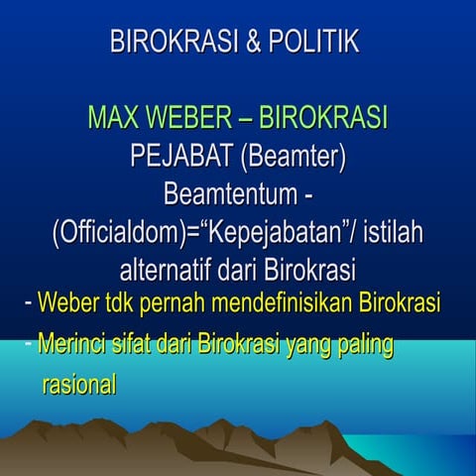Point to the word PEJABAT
tap(179, 156)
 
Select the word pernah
tap(187, 301)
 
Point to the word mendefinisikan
tap(295, 301)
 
